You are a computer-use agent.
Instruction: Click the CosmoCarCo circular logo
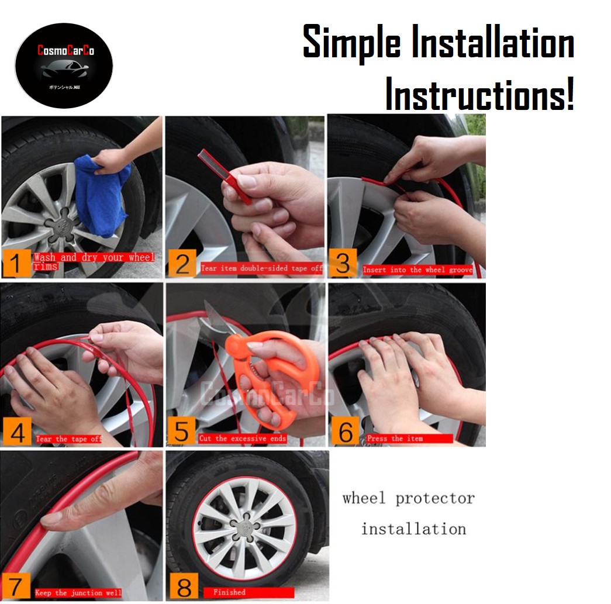[x=63, y=65]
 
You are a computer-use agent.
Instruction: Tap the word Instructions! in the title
[x=480, y=94]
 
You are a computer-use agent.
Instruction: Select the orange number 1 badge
[x=16, y=264]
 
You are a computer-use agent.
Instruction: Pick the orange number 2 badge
[x=182, y=264]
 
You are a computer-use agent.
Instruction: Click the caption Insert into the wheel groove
[x=417, y=270]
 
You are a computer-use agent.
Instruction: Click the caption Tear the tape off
[x=68, y=439]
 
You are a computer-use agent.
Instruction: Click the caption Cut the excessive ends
[x=242, y=438]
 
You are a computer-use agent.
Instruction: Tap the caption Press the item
[x=395, y=438]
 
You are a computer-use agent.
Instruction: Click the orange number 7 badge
[x=16, y=585]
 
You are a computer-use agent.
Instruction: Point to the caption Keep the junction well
[x=78, y=592]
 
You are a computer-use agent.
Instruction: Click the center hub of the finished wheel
[x=244, y=520]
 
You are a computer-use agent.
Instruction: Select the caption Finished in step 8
[x=229, y=592]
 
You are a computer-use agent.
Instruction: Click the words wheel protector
[x=408, y=499]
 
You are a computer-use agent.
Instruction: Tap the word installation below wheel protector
[x=413, y=529]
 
